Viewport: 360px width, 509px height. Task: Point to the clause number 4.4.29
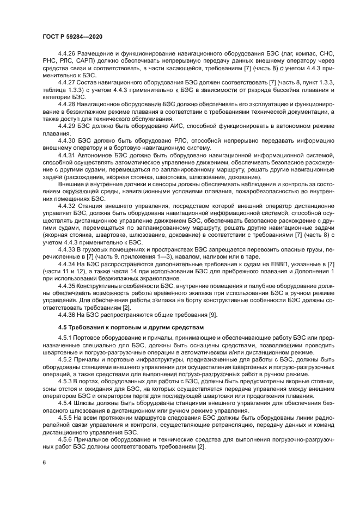pos(68,126)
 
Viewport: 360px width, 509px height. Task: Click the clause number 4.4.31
pos(68,155)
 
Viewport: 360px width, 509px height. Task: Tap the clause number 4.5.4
pos(65,404)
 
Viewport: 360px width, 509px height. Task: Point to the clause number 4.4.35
pos(68,285)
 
